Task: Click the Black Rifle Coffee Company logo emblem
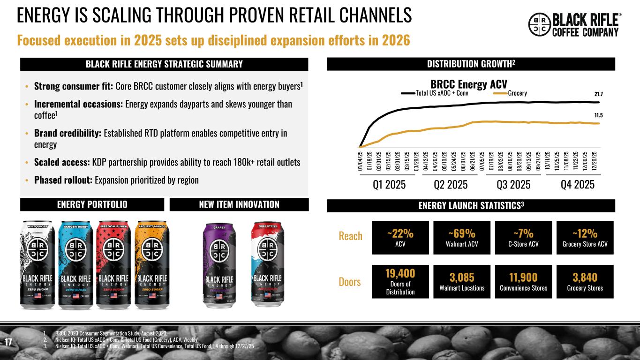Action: click(x=540, y=25)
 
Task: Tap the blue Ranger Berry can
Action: click(x=75, y=264)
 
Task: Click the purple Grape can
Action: click(x=219, y=264)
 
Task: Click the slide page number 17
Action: click(x=8, y=342)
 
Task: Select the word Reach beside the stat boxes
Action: click(x=351, y=236)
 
